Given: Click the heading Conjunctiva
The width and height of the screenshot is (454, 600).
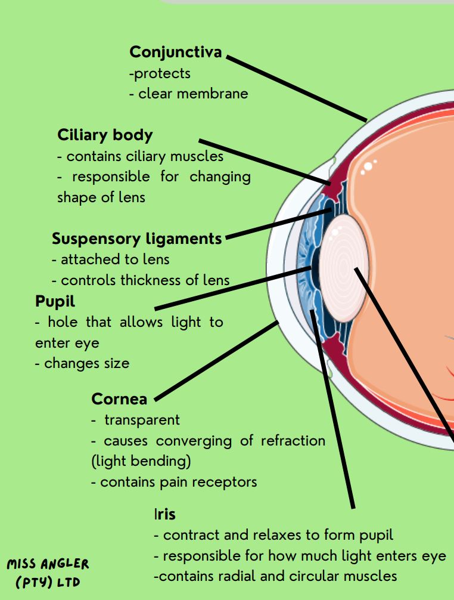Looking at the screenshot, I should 175,52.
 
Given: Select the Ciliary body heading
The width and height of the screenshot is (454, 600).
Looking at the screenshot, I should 105,135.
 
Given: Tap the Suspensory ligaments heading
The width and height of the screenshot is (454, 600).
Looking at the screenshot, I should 136,239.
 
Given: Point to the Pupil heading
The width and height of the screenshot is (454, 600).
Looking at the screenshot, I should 55,301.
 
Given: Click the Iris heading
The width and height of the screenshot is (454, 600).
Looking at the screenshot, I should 164,514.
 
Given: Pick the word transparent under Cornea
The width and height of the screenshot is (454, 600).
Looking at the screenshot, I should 142,420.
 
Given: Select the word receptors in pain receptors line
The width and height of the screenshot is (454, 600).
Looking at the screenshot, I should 229,482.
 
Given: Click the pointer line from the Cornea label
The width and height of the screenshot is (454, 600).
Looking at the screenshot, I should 217,361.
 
